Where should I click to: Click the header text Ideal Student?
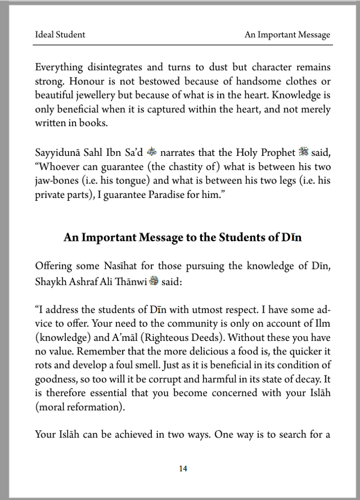60,35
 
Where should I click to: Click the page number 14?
183,468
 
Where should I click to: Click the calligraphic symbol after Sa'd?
151,151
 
